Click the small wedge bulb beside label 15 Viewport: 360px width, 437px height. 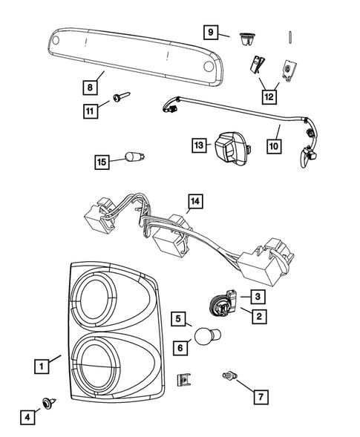point(135,157)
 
